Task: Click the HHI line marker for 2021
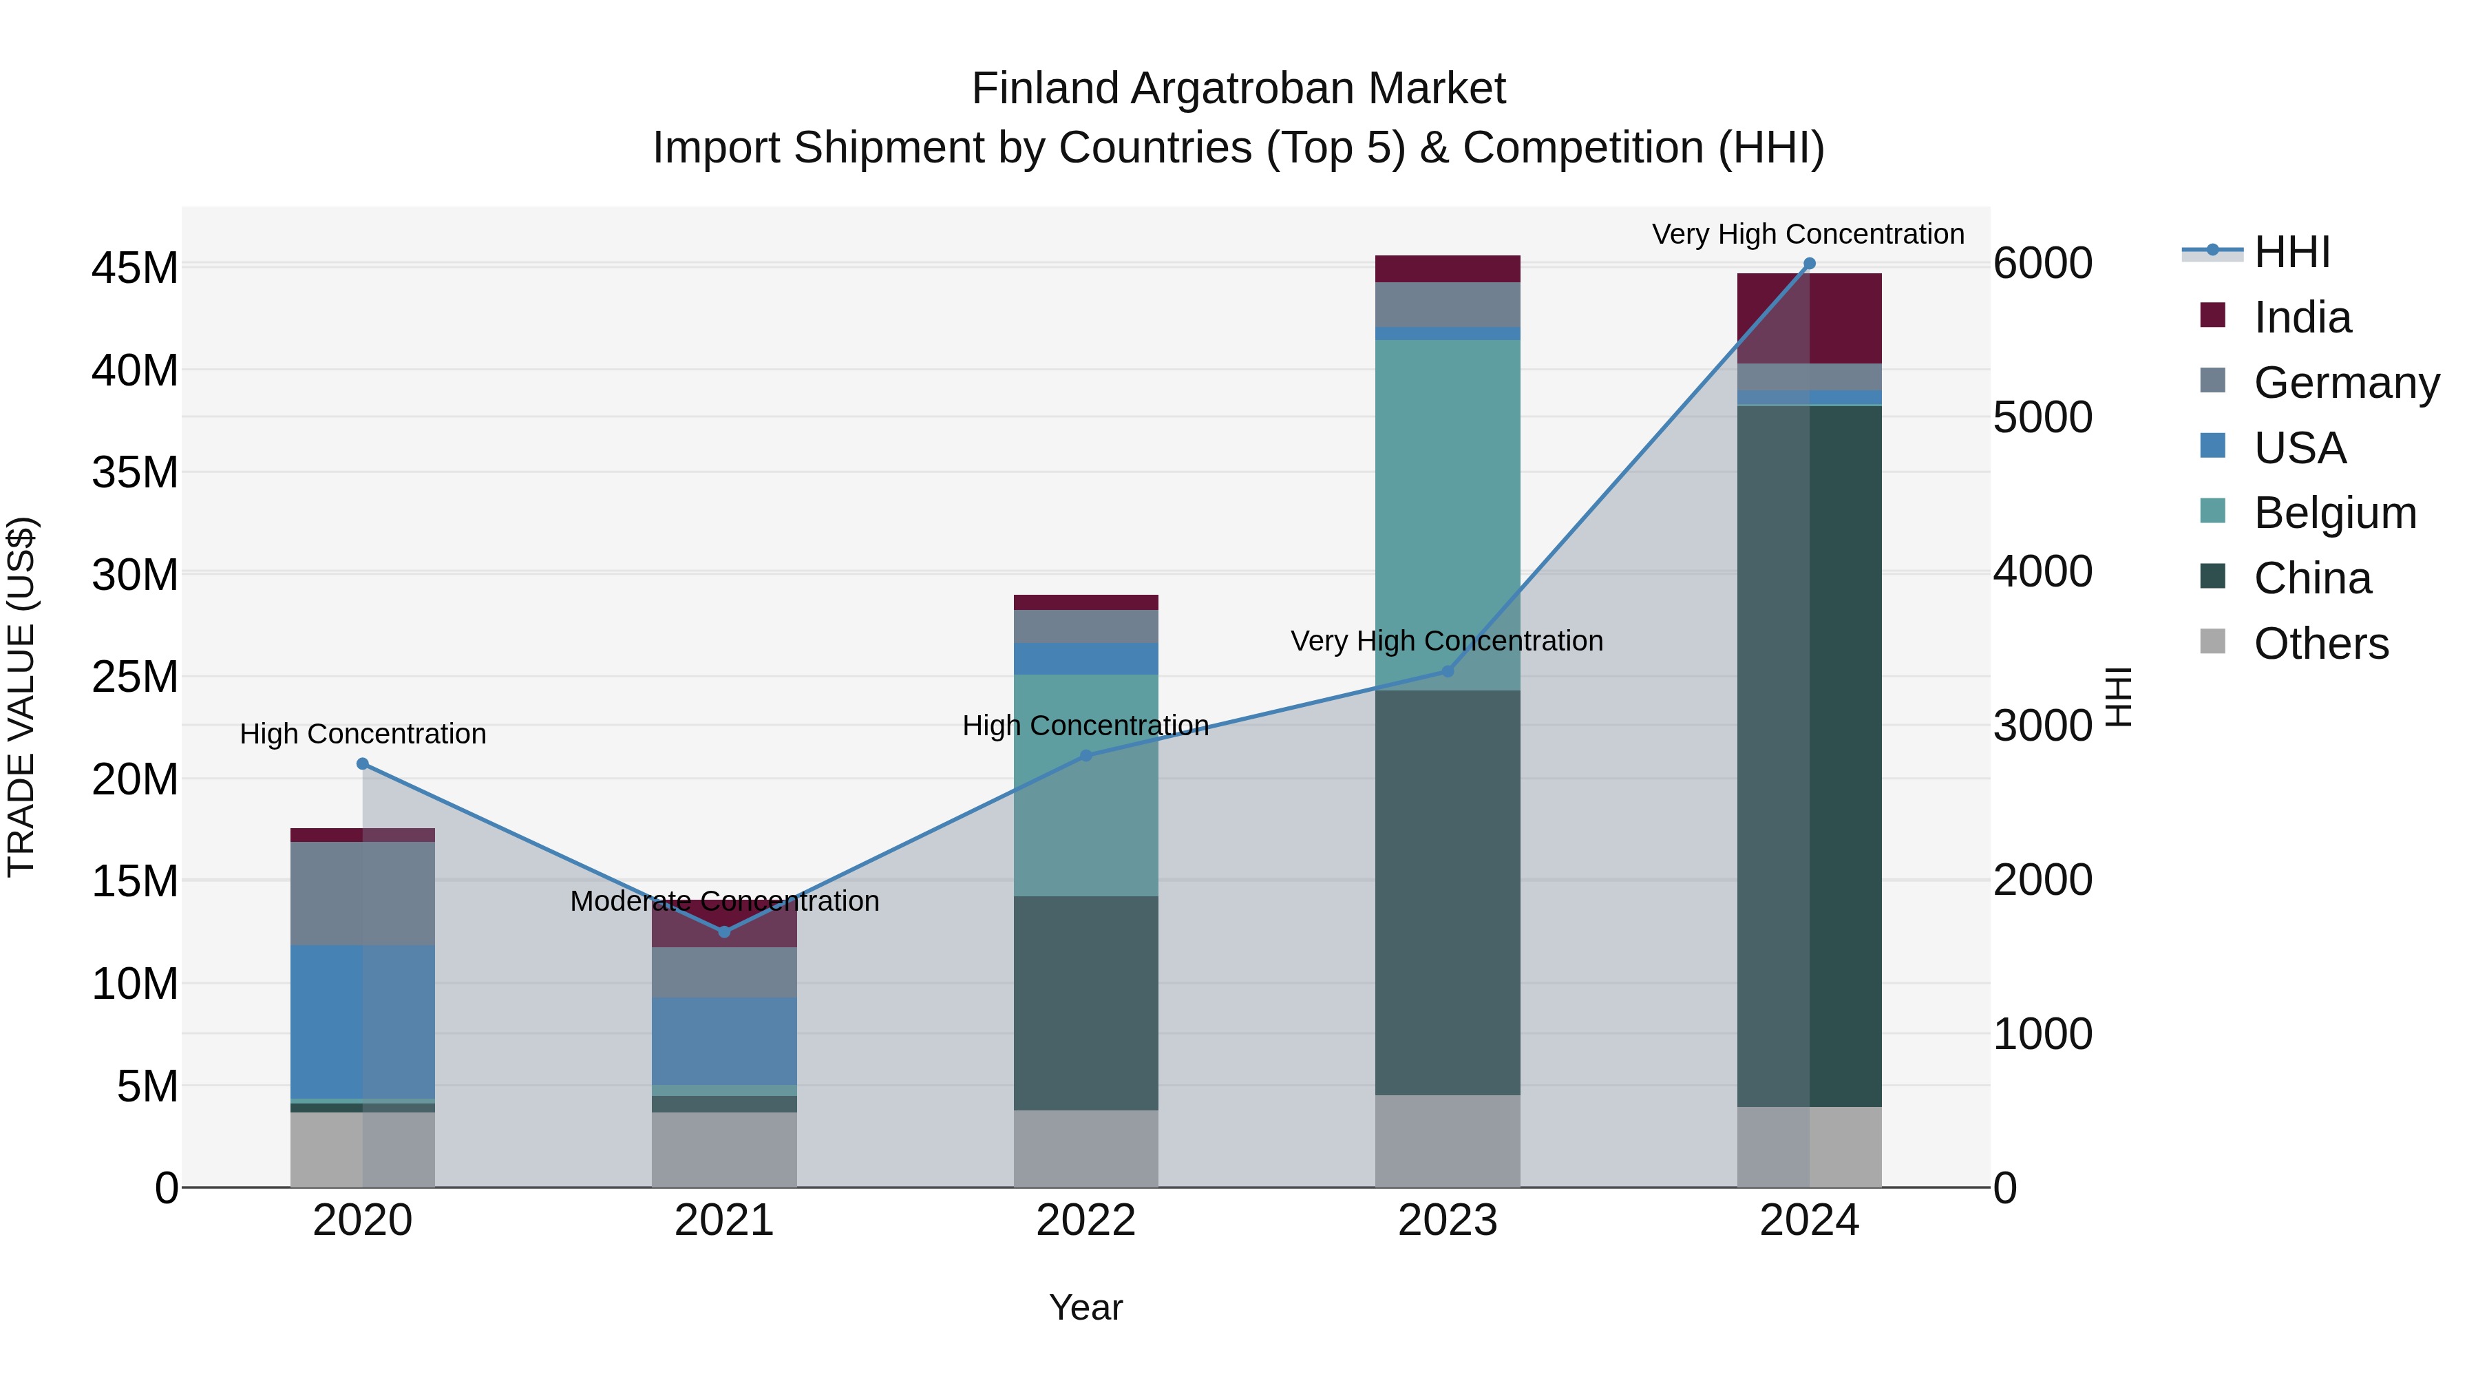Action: pos(724,931)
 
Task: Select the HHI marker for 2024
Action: pos(1808,264)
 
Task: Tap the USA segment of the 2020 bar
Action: pos(363,1022)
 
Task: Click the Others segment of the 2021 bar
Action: pos(724,1150)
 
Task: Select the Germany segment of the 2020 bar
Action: pos(363,893)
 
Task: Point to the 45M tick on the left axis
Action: pos(135,268)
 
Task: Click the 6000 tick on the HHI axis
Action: pos(2042,264)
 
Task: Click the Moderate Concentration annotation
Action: pos(724,901)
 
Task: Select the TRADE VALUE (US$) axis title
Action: pos(22,697)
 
